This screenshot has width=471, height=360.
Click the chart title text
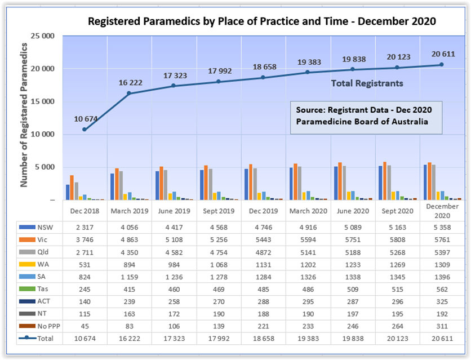click(262, 22)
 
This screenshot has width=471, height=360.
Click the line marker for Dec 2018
click(85, 130)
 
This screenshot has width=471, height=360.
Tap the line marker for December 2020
click(442, 65)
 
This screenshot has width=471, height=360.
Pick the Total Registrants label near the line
click(367, 83)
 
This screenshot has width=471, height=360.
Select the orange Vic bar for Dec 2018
click(72, 188)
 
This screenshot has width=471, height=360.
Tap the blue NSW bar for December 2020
click(425, 182)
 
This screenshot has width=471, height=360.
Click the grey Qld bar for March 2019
click(121, 185)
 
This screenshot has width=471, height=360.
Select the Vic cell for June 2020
click(353, 239)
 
